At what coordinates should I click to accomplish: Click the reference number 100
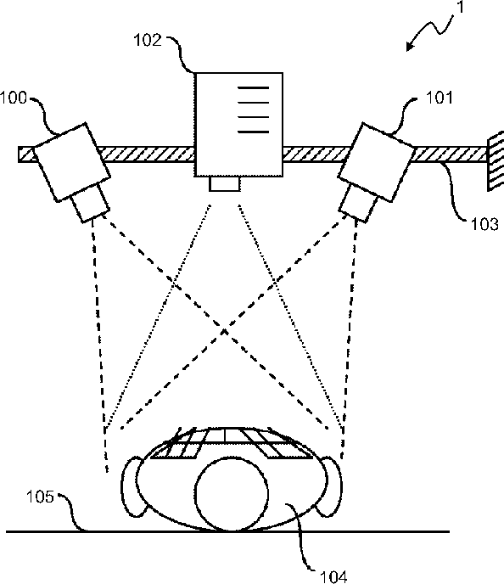click(x=14, y=98)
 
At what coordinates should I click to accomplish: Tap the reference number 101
click(x=440, y=98)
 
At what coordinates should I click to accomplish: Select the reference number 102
click(x=148, y=40)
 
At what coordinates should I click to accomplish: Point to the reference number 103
click(x=484, y=224)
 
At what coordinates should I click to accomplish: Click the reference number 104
click(x=333, y=577)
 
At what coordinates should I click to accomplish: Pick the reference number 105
click(x=40, y=497)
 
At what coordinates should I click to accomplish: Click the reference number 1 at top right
click(x=460, y=7)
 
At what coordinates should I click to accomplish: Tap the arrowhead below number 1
click(x=410, y=46)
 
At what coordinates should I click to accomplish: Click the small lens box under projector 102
click(x=225, y=183)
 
